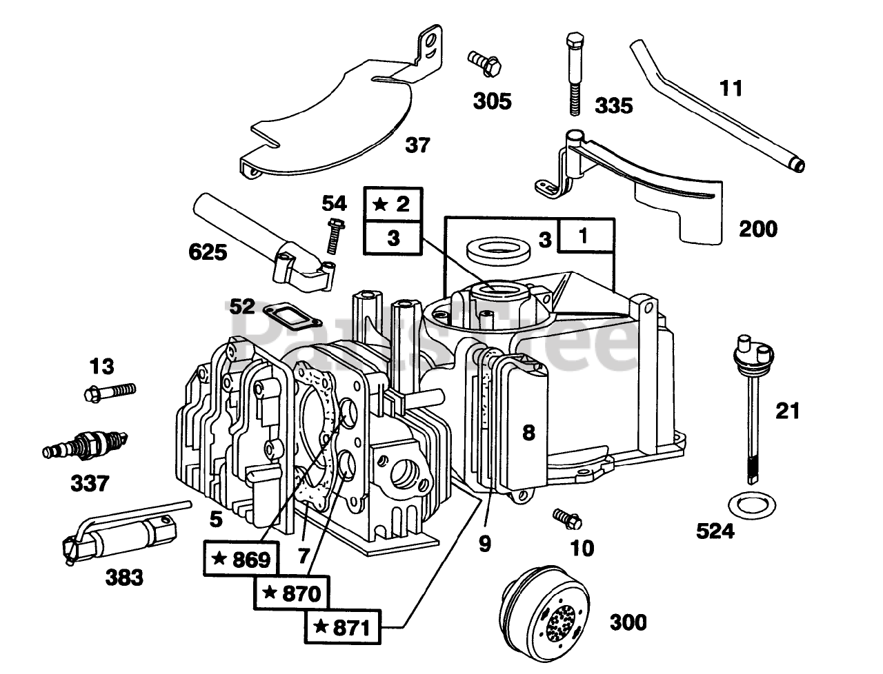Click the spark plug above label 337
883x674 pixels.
coord(86,445)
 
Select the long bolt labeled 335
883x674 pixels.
coord(574,74)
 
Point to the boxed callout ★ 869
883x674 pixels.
coord(241,559)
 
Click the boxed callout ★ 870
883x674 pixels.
coord(291,593)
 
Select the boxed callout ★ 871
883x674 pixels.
coord(343,627)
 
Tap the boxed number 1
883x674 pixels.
coord(585,235)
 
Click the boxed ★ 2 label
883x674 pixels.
coord(393,204)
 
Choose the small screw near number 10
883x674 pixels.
coord(567,518)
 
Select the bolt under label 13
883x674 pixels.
coord(110,392)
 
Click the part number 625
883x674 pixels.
coord(208,253)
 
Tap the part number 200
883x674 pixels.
coord(758,229)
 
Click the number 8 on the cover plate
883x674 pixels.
coord(528,433)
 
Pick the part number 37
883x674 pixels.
coord(417,145)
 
